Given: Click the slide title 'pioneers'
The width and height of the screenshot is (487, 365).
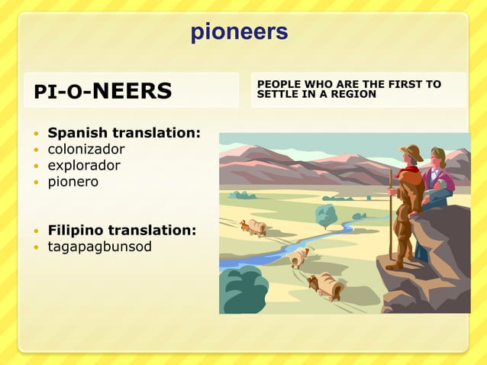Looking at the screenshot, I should [x=239, y=32].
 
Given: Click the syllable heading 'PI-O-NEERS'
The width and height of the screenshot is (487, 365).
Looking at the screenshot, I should [x=102, y=91].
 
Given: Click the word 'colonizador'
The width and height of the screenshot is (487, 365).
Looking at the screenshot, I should [x=86, y=149].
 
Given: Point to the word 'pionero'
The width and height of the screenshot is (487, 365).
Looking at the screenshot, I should [x=73, y=182].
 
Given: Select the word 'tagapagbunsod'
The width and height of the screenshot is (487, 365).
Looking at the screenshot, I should [x=99, y=247].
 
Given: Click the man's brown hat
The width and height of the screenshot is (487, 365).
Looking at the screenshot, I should [x=412, y=150].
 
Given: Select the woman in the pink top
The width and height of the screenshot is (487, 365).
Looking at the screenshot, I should [x=437, y=177].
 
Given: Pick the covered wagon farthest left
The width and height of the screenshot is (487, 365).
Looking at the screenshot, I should [x=254, y=227].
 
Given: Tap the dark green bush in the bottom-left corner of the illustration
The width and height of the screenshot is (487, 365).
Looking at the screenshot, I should [x=242, y=291].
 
